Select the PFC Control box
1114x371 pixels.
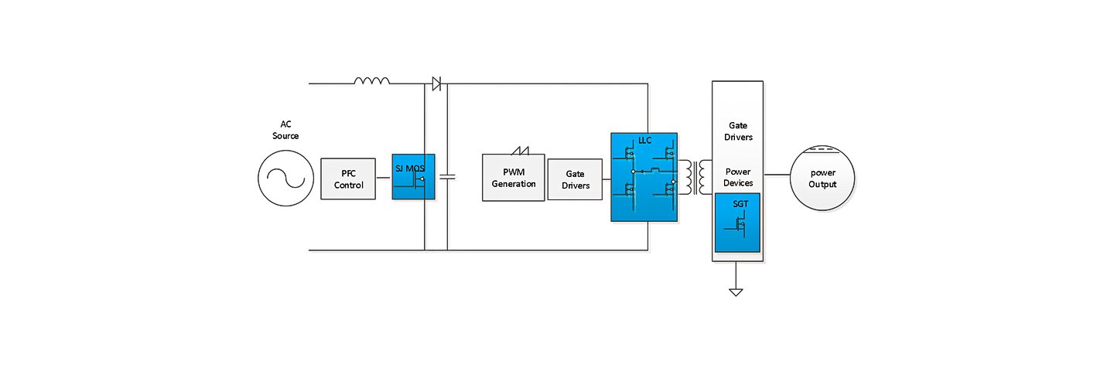(x=348, y=179)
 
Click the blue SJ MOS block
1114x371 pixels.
(x=414, y=176)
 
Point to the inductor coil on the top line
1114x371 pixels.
(x=371, y=80)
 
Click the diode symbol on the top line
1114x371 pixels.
(x=436, y=83)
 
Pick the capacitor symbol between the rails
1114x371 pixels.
(x=447, y=177)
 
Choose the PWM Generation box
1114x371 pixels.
(x=514, y=178)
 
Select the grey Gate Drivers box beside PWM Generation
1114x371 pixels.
(x=574, y=180)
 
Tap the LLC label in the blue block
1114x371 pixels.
(x=644, y=140)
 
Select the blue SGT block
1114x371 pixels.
(x=737, y=223)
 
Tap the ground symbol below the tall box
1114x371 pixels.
(x=736, y=291)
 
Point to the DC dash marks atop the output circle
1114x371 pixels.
(x=822, y=148)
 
